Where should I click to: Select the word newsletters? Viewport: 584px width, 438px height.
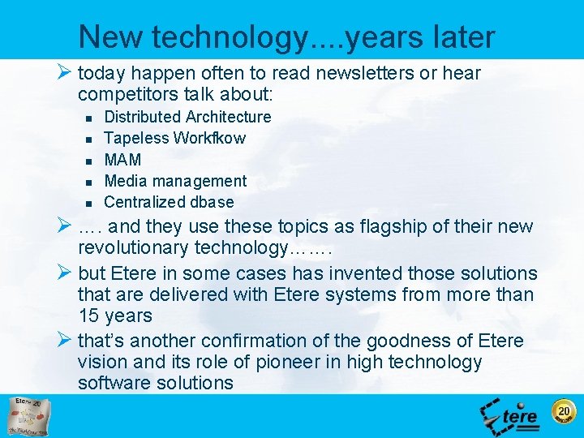[363, 74]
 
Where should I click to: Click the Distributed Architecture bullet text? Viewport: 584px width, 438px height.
[187, 117]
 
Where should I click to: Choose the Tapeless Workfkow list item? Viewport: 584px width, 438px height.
[174, 138]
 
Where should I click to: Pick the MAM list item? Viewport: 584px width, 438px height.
[122, 160]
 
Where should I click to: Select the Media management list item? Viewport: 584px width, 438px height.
[175, 181]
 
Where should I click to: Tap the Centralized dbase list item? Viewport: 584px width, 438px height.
[169, 202]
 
